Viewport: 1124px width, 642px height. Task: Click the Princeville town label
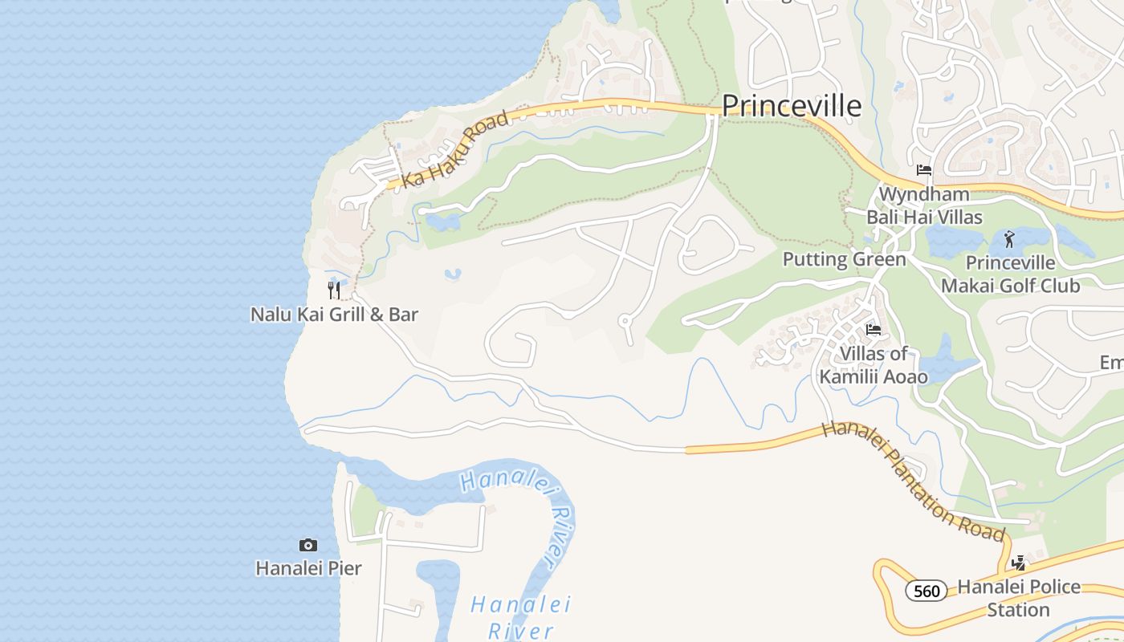pyautogui.click(x=792, y=106)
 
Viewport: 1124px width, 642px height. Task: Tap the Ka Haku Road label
pyautogui.click(x=455, y=149)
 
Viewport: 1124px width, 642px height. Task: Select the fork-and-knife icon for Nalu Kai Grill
pyautogui.click(x=334, y=290)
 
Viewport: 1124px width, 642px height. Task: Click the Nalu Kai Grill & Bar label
pyautogui.click(x=334, y=314)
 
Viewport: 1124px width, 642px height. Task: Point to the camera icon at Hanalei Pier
pyautogui.click(x=308, y=546)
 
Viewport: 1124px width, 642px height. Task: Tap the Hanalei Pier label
pyautogui.click(x=308, y=568)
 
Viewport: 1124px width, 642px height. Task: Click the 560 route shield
pyautogui.click(x=926, y=591)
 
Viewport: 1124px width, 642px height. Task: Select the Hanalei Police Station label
pyautogui.click(x=1019, y=598)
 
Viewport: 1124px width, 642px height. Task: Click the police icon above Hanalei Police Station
pyautogui.click(x=1019, y=563)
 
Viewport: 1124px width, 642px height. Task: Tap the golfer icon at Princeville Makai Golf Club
pyautogui.click(x=1009, y=239)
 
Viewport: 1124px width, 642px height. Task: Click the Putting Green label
pyautogui.click(x=844, y=259)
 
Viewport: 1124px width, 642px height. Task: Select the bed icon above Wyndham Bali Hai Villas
pyautogui.click(x=924, y=170)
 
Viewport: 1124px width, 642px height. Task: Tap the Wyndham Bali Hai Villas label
pyautogui.click(x=924, y=205)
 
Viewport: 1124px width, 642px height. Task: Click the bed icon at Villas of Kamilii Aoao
pyautogui.click(x=874, y=330)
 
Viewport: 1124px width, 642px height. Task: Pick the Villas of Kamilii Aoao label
pyautogui.click(x=874, y=364)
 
